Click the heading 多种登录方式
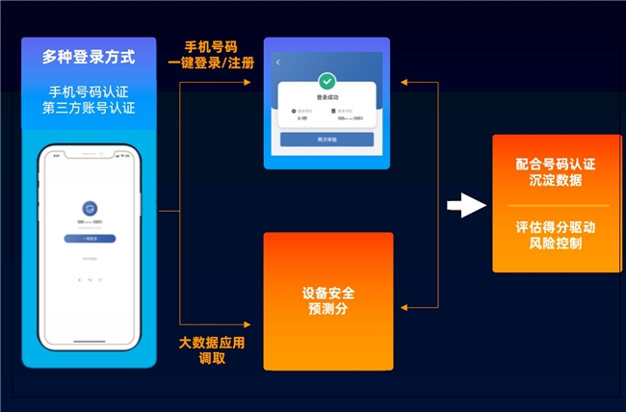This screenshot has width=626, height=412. (89, 57)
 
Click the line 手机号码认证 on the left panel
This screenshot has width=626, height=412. (89, 92)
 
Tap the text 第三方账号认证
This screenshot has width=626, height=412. (89, 109)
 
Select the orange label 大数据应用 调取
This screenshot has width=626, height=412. (212, 350)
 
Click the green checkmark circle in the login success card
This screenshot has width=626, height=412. (326, 82)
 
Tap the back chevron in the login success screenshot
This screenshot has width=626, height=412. (278, 63)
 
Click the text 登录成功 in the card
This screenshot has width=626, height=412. (326, 98)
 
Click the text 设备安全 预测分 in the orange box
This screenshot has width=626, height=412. (328, 301)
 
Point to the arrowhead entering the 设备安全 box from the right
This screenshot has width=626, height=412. (404, 308)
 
